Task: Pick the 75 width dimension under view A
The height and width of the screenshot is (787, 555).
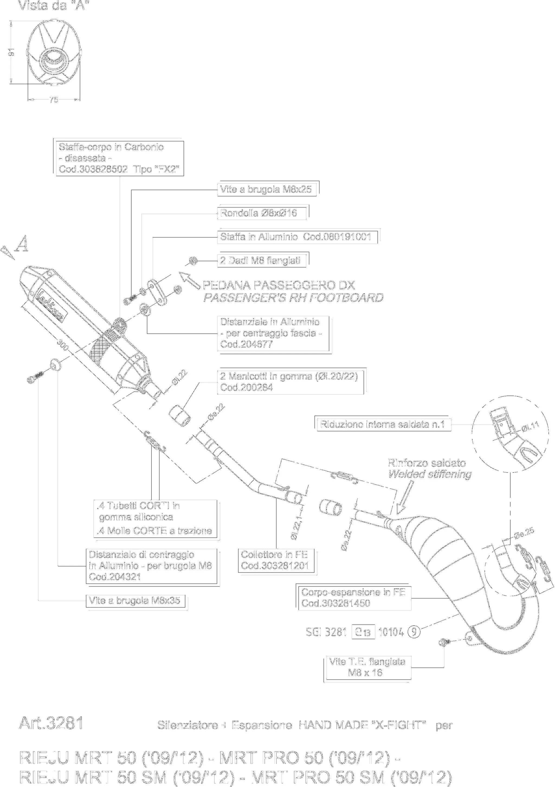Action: [54, 100]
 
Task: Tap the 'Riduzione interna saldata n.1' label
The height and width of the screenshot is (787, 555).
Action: [382, 424]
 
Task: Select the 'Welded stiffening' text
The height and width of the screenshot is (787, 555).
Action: [430, 474]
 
